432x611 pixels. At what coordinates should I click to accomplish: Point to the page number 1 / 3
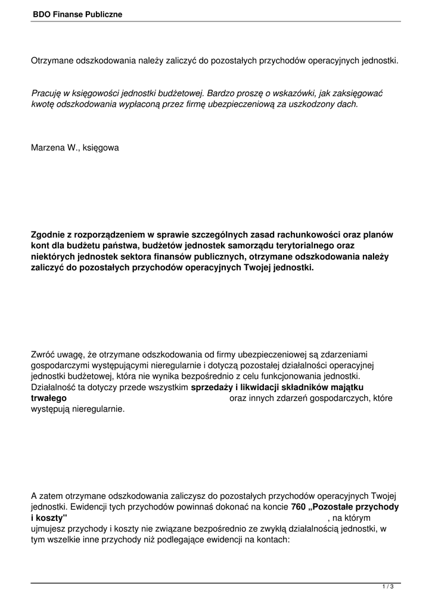[x=389, y=588]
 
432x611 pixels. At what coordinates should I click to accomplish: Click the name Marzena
[x=48, y=147]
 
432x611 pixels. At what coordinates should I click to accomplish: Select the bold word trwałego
[x=49, y=399]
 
